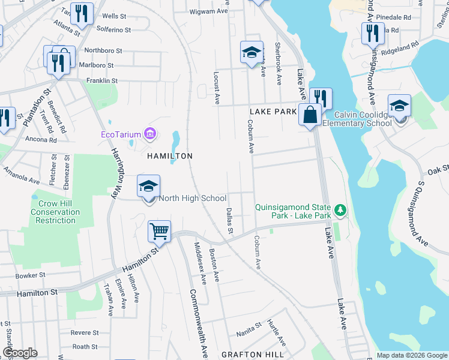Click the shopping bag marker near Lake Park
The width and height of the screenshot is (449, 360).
point(310,115)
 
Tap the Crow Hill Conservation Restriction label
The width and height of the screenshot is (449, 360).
point(55,212)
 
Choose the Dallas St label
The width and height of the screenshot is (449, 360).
point(229,220)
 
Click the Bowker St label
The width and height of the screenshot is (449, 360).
point(31,275)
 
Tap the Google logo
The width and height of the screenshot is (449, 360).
point(20,353)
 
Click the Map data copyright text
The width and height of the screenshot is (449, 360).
point(411,355)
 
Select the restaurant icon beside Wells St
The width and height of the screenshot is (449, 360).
point(82,14)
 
